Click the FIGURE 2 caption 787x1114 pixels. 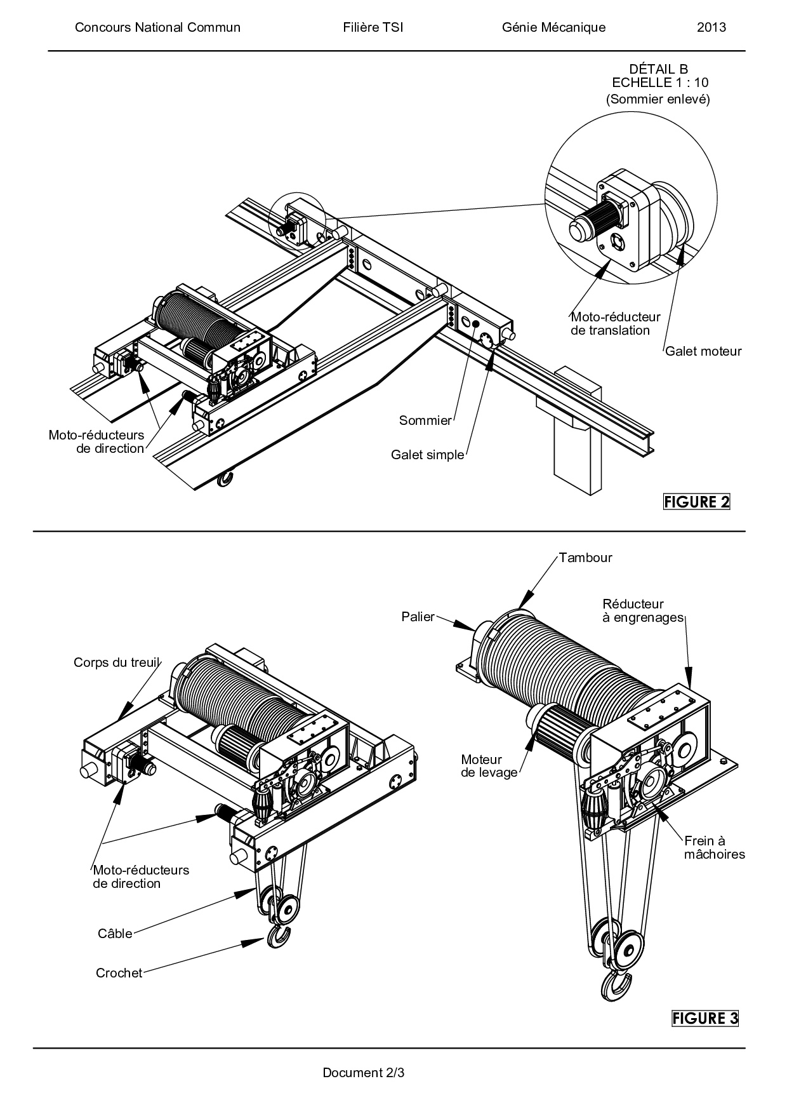click(x=697, y=502)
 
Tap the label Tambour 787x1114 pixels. click(x=585, y=558)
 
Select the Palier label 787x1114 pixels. click(x=418, y=616)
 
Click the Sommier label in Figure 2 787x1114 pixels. click(x=425, y=420)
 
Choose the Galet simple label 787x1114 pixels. click(x=428, y=455)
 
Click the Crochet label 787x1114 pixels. click(x=119, y=973)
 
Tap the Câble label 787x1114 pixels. click(x=115, y=934)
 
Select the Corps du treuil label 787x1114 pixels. click(x=116, y=662)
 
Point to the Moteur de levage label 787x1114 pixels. click(x=489, y=766)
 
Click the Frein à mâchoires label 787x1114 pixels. click(x=715, y=847)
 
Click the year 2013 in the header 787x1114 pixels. click(x=711, y=27)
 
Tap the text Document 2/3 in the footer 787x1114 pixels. click(x=364, y=1073)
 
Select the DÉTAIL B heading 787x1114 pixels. click(x=658, y=69)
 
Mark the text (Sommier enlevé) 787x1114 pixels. click(x=658, y=99)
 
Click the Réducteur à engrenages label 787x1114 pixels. click(x=643, y=610)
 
